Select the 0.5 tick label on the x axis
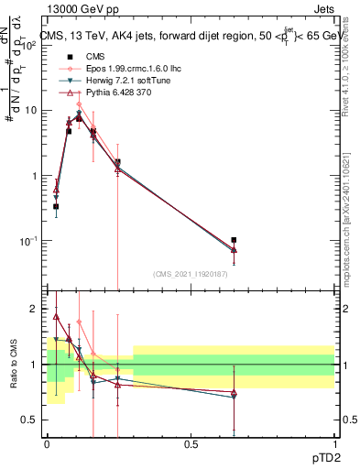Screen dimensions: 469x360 (191, 443)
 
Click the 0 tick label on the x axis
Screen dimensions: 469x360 (47, 443)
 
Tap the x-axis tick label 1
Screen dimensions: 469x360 (334, 443)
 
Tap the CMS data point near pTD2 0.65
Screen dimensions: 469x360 (234, 240)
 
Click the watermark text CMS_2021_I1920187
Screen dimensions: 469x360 (191, 274)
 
